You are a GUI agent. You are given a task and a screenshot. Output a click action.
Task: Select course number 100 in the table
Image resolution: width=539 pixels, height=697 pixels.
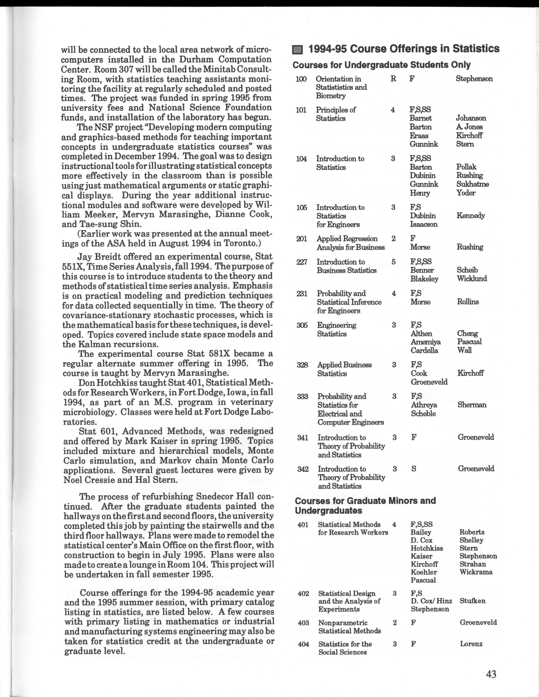point(301,79)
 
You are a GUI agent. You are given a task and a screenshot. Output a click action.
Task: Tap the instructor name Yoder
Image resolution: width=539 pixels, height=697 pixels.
point(466,193)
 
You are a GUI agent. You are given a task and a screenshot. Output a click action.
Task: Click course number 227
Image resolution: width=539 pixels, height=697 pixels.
point(302,262)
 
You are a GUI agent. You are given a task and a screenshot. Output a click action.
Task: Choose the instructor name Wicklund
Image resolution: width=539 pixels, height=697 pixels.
point(472,279)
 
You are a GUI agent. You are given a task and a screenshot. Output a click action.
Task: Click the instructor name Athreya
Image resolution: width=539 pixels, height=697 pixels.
point(424,405)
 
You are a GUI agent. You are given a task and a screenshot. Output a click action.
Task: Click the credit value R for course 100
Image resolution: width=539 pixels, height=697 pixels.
point(393,79)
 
